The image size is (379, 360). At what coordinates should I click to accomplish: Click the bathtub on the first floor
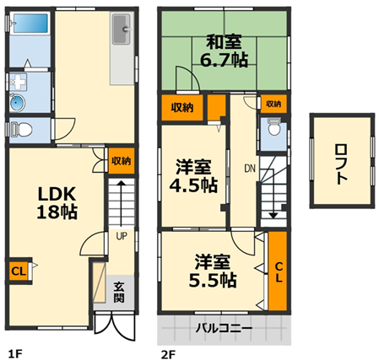click(x=30, y=23)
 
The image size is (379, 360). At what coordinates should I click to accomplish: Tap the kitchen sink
click(x=122, y=30)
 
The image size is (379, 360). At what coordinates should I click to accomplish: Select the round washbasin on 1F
click(x=18, y=103)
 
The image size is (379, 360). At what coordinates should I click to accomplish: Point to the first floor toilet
click(x=21, y=130)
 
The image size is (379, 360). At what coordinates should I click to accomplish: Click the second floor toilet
click(x=273, y=127)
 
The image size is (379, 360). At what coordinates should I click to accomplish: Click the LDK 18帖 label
click(x=57, y=203)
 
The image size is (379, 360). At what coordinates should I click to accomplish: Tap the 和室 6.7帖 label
click(x=225, y=51)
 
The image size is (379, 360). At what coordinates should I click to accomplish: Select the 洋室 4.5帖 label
click(x=193, y=176)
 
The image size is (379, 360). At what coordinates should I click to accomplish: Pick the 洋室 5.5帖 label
click(x=213, y=271)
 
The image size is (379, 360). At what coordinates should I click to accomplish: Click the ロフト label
click(x=342, y=164)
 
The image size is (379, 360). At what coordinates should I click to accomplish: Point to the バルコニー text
click(x=224, y=328)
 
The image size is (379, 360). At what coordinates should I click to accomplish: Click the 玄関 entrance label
click(x=119, y=293)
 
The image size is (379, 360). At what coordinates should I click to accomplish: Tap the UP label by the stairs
click(x=122, y=236)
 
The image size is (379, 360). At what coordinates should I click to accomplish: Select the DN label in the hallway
click(x=250, y=169)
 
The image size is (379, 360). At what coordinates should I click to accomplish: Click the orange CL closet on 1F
click(x=19, y=271)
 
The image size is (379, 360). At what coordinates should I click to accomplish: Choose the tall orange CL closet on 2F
click(x=278, y=271)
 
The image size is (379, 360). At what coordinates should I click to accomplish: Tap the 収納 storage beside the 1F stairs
click(x=122, y=161)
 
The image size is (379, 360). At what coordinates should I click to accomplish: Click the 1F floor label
click(x=15, y=354)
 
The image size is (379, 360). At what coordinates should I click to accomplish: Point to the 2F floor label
click(x=168, y=354)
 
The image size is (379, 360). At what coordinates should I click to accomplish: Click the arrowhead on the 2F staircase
click(x=273, y=216)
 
